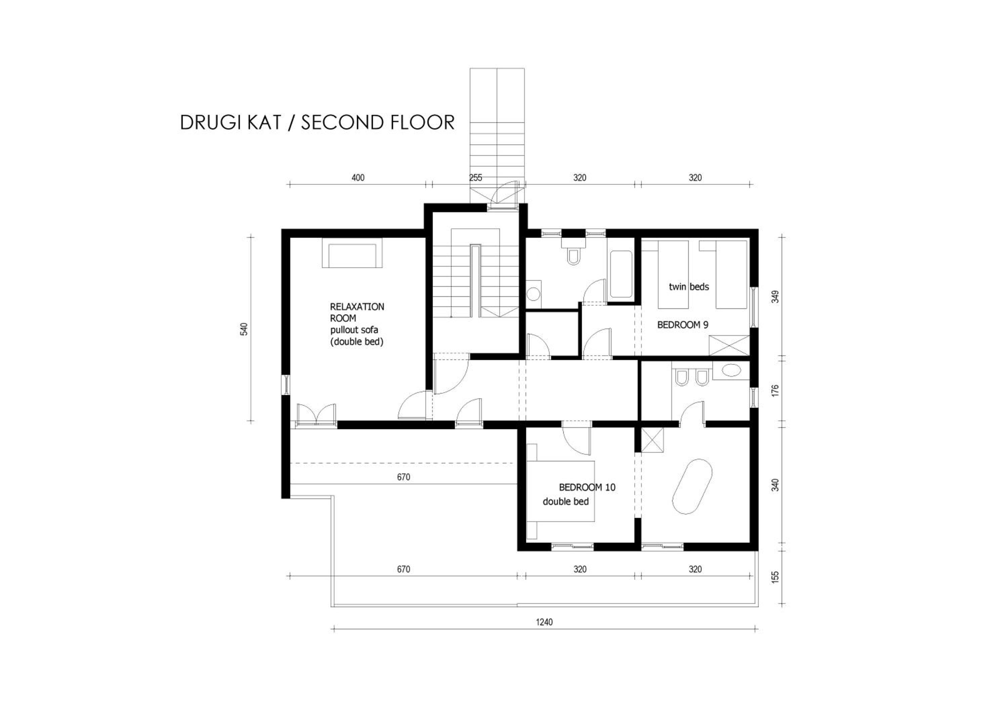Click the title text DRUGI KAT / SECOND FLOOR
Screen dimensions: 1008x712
click(317, 122)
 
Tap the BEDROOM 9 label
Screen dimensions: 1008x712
click(683, 325)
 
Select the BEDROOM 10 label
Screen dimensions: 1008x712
click(587, 487)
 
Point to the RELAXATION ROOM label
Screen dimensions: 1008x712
click(357, 312)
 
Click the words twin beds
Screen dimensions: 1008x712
click(689, 286)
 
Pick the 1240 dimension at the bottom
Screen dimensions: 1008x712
click(544, 622)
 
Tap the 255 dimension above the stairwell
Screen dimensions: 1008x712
click(475, 178)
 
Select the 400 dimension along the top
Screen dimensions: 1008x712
click(358, 178)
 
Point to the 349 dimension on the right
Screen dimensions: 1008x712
click(775, 297)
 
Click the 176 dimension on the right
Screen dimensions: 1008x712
click(775, 391)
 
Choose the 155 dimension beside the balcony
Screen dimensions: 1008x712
click(775, 576)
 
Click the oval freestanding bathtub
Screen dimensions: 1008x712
click(692, 487)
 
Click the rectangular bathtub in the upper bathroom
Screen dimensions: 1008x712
click(621, 274)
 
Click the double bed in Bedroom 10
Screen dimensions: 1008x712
click(561, 491)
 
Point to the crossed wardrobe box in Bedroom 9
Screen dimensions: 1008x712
click(729, 345)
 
